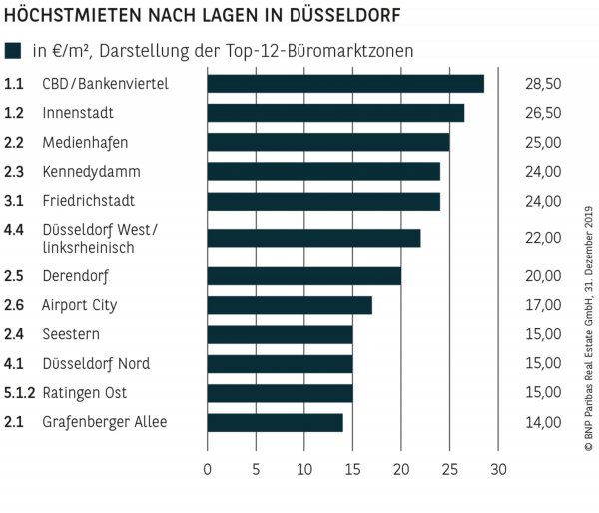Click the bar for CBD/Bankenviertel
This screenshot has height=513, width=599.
[345, 84]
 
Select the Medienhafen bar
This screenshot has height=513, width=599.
[327, 142]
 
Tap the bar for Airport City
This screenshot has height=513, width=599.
[290, 305]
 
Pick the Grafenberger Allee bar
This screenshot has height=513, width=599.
[275, 422]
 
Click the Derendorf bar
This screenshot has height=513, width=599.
[303, 276]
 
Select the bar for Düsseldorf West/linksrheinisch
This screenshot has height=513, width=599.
[313, 238]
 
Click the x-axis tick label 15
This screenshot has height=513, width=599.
[352, 468]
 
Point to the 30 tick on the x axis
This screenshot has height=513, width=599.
[498, 468]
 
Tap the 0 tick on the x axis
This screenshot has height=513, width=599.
[208, 468]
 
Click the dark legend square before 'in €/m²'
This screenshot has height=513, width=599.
[13, 51]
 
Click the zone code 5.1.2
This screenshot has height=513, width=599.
[19, 393]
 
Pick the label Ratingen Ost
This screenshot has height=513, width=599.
[84, 393]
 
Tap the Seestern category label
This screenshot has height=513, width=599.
[71, 334]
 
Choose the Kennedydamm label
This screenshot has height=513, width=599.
[91, 172]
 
